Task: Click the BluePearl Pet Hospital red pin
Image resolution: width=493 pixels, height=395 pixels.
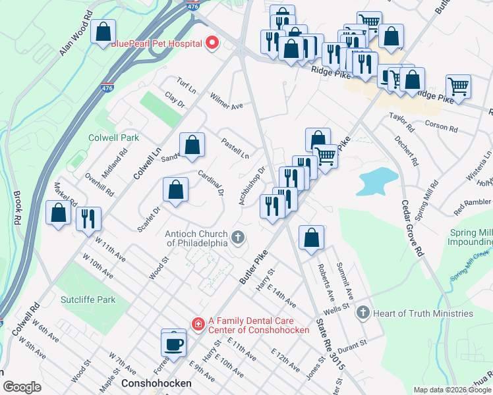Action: pos(212,44)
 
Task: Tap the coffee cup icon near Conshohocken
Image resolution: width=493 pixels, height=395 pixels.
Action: pos(174,344)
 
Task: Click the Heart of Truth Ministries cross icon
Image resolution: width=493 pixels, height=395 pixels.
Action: pos(362,313)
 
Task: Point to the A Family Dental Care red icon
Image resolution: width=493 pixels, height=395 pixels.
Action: pos(197,323)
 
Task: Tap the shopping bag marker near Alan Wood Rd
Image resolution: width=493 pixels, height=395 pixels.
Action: pos(103,32)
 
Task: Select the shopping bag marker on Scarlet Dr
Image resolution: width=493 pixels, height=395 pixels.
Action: pos(176,191)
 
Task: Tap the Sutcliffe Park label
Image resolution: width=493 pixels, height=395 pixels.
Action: pos(88,300)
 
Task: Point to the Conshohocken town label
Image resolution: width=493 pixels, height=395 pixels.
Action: pos(156,382)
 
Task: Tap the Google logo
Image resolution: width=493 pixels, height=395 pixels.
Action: pos(22,386)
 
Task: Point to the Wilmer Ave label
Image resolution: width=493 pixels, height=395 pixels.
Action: pos(227,101)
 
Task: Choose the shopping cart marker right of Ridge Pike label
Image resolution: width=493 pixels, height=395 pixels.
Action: pos(458,86)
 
